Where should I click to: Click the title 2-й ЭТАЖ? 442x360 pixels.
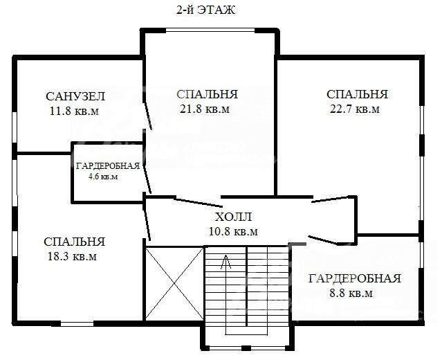pyautogui.click(x=205, y=10)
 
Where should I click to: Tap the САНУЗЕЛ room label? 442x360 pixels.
pyautogui.click(x=75, y=96)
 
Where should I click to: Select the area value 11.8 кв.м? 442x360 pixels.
pyautogui.click(x=75, y=111)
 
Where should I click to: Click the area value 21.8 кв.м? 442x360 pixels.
pyautogui.click(x=205, y=109)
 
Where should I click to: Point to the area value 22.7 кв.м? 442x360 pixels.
pyautogui.click(x=355, y=109)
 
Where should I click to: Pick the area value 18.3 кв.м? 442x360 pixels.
pyautogui.click(x=72, y=256)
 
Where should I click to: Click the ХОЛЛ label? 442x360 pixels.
pyautogui.click(x=233, y=217)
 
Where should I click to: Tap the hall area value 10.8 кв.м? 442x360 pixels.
pyautogui.click(x=233, y=231)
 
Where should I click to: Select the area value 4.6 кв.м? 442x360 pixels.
pyautogui.click(x=103, y=177)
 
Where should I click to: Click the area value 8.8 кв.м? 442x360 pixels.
pyautogui.click(x=351, y=293)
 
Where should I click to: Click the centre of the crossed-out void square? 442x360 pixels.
pyautogui.click(x=174, y=283)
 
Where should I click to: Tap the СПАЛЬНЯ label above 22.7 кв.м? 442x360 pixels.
pyautogui.click(x=357, y=94)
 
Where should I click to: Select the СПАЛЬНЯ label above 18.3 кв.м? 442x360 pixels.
pyautogui.click(x=75, y=242)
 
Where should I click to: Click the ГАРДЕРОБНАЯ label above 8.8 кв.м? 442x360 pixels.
pyautogui.click(x=355, y=278)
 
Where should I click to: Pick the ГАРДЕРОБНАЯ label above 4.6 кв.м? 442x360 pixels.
pyautogui.click(x=108, y=166)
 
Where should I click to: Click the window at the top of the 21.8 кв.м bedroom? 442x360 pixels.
pyautogui.click(x=210, y=30)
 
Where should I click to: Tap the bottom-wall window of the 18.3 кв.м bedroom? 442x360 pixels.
pyautogui.click(x=77, y=324)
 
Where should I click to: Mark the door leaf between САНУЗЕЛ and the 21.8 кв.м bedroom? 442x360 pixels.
pyautogui.click(x=148, y=116)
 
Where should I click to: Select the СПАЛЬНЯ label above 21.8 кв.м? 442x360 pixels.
pyautogui.click(x=208, y=94)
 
